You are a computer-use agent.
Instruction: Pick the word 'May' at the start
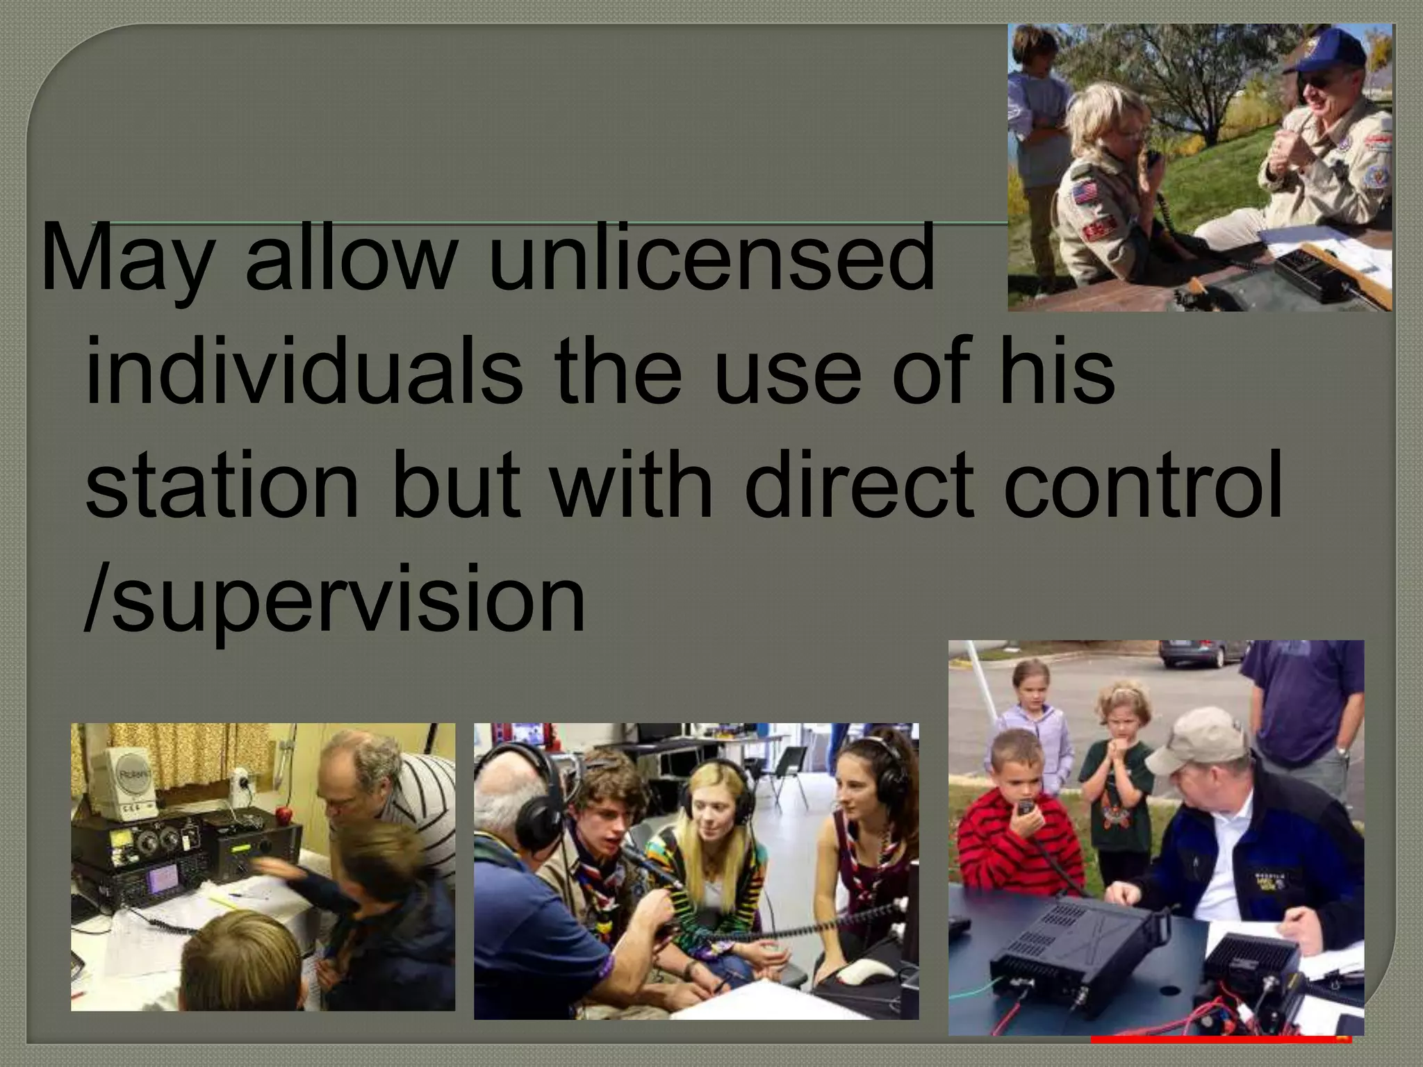coord(125,258)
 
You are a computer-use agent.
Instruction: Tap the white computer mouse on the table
coord(869,973)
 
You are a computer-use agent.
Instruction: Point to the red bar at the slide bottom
coord(1220,1039)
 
